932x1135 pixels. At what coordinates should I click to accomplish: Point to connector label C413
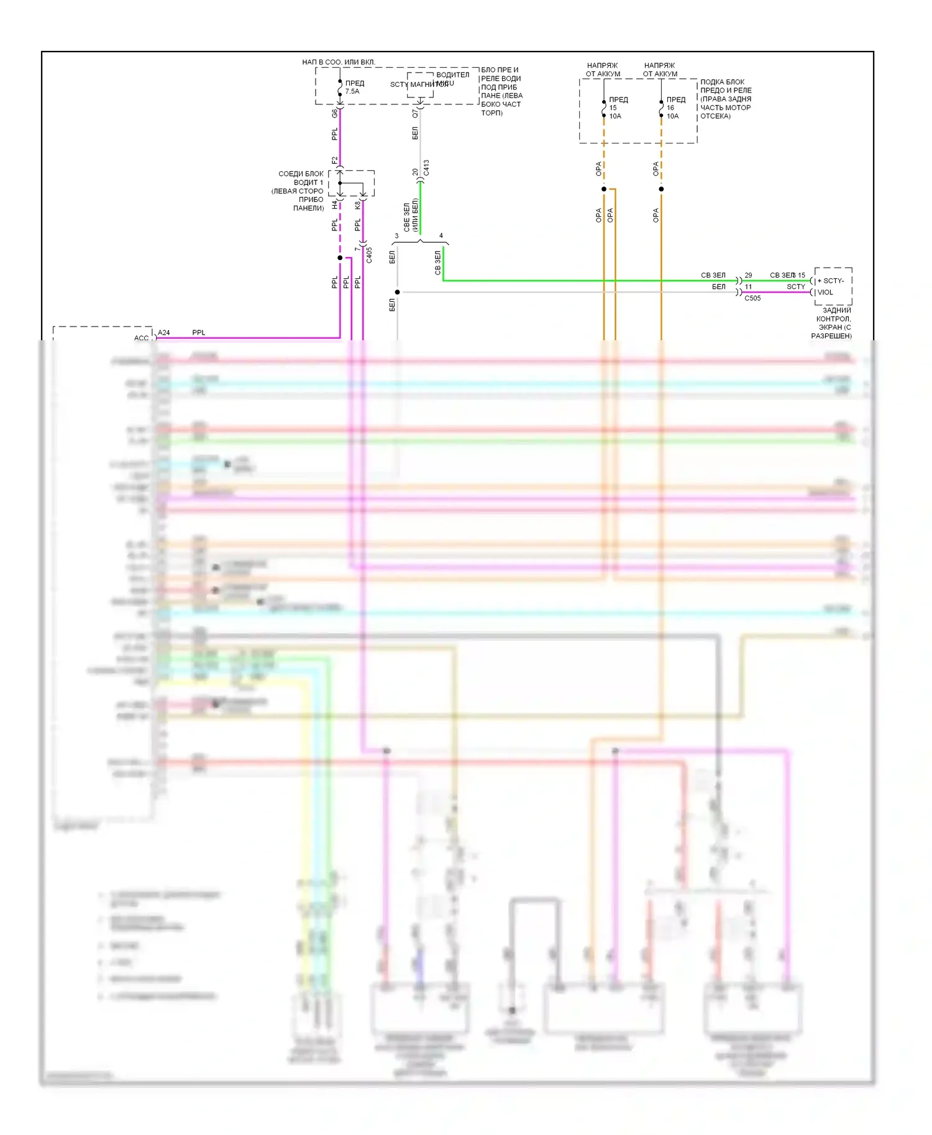(426, 168)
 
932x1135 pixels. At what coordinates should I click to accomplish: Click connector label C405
(369, 255)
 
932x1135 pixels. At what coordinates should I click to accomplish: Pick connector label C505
(752, 298)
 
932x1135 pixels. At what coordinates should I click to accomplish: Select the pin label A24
(164, 333)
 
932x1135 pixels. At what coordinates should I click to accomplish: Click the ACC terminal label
(141, 338)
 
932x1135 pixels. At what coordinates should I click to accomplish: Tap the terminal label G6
(334, 114)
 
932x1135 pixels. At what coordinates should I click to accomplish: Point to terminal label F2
(334, 160)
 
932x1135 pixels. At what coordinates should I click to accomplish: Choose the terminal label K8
(357, 204)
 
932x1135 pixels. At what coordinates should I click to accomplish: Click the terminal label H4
(334, 204)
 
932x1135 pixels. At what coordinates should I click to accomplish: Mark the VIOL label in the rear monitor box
(825, 292)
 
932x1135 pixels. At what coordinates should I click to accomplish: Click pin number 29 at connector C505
(748, 275)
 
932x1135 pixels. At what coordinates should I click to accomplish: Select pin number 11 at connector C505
(748, 287)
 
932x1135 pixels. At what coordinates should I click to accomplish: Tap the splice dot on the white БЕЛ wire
(397, 292)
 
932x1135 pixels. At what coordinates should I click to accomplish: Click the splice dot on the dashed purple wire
(340, 258)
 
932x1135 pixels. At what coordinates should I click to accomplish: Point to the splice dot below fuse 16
(661, 189)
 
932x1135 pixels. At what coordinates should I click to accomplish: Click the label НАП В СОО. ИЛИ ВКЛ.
(339, 62)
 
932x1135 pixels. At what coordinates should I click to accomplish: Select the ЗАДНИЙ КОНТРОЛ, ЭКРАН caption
(833, 323)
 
